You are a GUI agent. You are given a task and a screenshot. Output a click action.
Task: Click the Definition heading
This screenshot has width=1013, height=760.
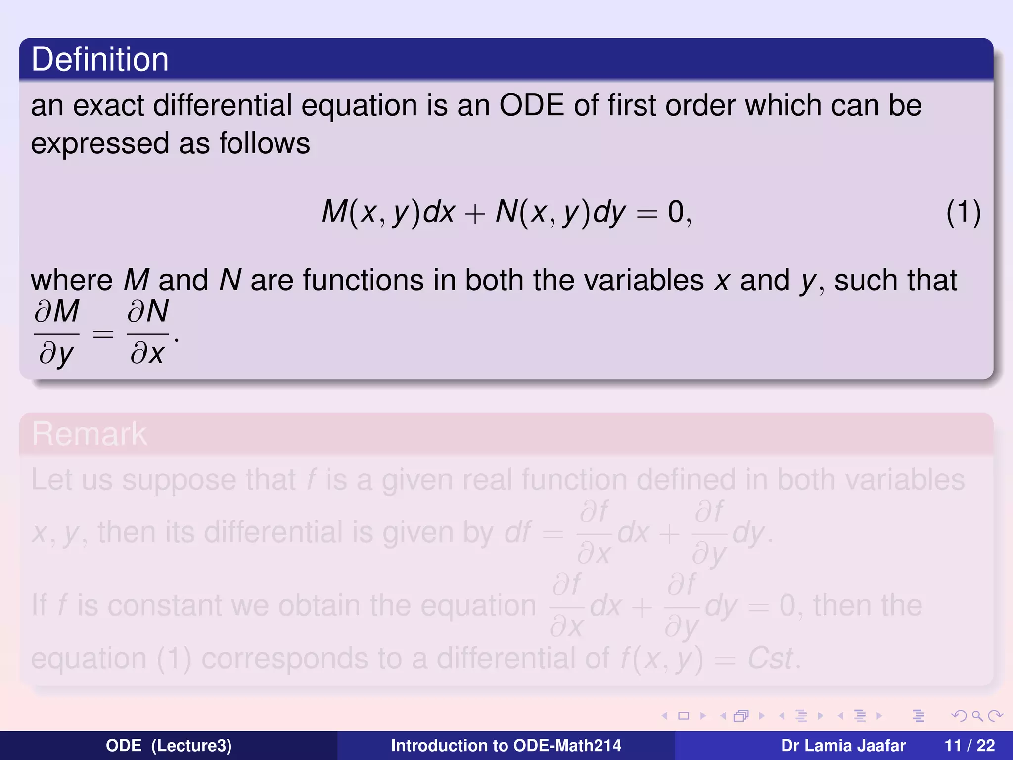[x=100, y=59]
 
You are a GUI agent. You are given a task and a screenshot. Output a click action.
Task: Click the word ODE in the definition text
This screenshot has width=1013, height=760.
[x=532, y=105]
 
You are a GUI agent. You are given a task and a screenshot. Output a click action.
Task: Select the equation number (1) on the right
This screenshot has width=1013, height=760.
[x=963, y=213]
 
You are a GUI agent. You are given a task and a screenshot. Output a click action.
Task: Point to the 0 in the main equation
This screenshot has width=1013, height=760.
[x=676, y=212]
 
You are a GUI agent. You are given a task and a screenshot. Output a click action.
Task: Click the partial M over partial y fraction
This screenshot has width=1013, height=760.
[x=56, y=332]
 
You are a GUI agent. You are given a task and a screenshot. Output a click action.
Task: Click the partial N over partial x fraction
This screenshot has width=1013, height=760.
[x=147, y=332]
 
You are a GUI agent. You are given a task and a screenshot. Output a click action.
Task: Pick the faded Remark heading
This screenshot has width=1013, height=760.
[x=90, y=434]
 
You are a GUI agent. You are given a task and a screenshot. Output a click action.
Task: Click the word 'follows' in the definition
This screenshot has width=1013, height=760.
[x=265, y=143]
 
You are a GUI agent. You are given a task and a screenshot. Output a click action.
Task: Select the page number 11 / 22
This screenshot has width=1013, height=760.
[x=969, y=745]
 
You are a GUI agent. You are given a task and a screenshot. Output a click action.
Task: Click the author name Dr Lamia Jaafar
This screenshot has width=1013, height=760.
[x=843, y=745]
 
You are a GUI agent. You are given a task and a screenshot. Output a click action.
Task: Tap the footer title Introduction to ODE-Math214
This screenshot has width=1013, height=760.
[x=506, y=745]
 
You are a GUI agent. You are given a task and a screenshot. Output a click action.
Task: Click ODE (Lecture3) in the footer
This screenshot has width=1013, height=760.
[x=169, y=745]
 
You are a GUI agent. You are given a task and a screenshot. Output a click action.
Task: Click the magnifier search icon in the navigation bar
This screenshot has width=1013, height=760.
[x=976, y=716]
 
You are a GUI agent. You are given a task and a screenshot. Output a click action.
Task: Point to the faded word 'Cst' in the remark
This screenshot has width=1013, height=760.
[x=770, y=659]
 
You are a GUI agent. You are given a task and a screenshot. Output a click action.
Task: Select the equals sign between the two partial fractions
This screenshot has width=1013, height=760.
[x=103, y=334]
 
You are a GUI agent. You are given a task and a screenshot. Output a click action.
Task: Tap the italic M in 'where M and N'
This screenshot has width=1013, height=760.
[x=136, y=281]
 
